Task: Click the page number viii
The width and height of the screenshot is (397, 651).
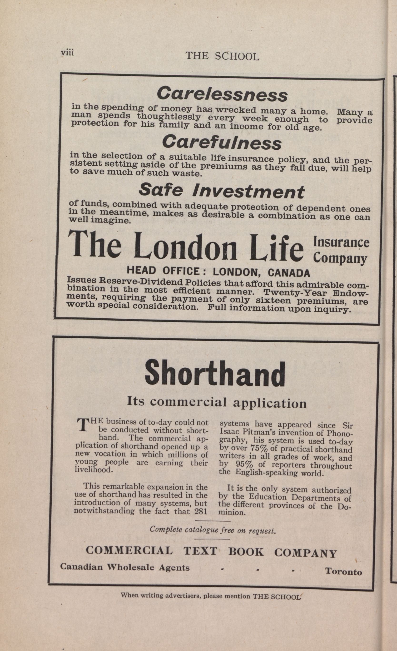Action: [x=67, y=52]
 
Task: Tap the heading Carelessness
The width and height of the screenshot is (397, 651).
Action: [x=222, y=94]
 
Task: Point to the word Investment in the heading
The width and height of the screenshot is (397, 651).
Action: [x=248, y=191]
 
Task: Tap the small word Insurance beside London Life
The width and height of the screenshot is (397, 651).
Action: [x=341, y=242]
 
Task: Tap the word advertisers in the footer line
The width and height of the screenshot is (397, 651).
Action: [x=182, y=596]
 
